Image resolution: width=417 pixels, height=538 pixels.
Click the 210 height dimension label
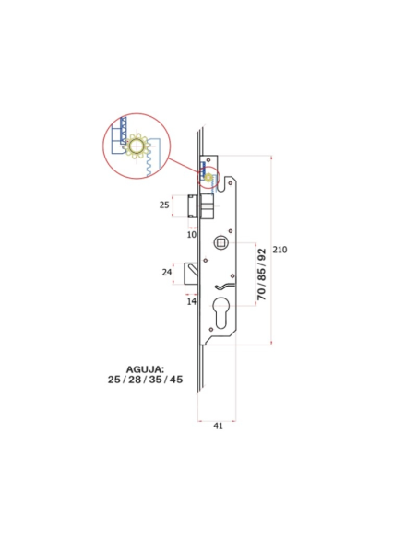tap(280, 250)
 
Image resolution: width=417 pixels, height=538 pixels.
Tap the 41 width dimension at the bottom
tap(218, 426)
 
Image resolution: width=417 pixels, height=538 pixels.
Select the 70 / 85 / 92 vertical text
tap(262, 275)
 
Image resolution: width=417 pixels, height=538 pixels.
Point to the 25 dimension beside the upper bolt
tap(164, 205)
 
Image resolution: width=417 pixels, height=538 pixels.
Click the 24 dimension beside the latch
tap(167, 272)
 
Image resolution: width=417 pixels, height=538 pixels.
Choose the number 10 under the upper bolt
tap(192, 235)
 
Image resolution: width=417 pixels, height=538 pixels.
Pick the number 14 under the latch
tap(192, 301)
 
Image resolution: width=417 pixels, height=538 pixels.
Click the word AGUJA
tap(145, 369)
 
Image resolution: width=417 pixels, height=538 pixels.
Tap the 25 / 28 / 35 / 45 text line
tap(145, 380)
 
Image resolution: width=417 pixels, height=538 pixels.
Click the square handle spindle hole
tap(220, 242)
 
